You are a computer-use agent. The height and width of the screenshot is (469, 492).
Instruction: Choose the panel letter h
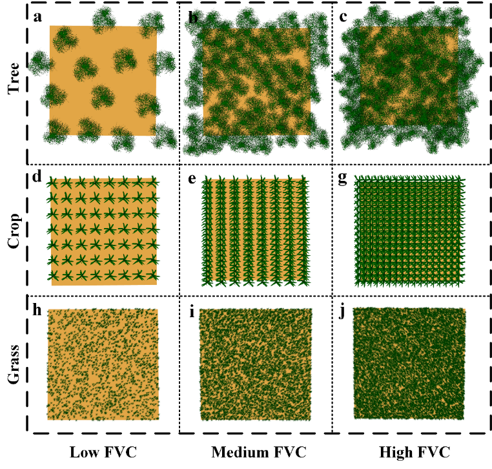tap(38, 309)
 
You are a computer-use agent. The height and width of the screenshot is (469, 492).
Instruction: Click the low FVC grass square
tap(103, 364)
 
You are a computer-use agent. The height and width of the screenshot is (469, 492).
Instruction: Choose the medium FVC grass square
tap(256, 364)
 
